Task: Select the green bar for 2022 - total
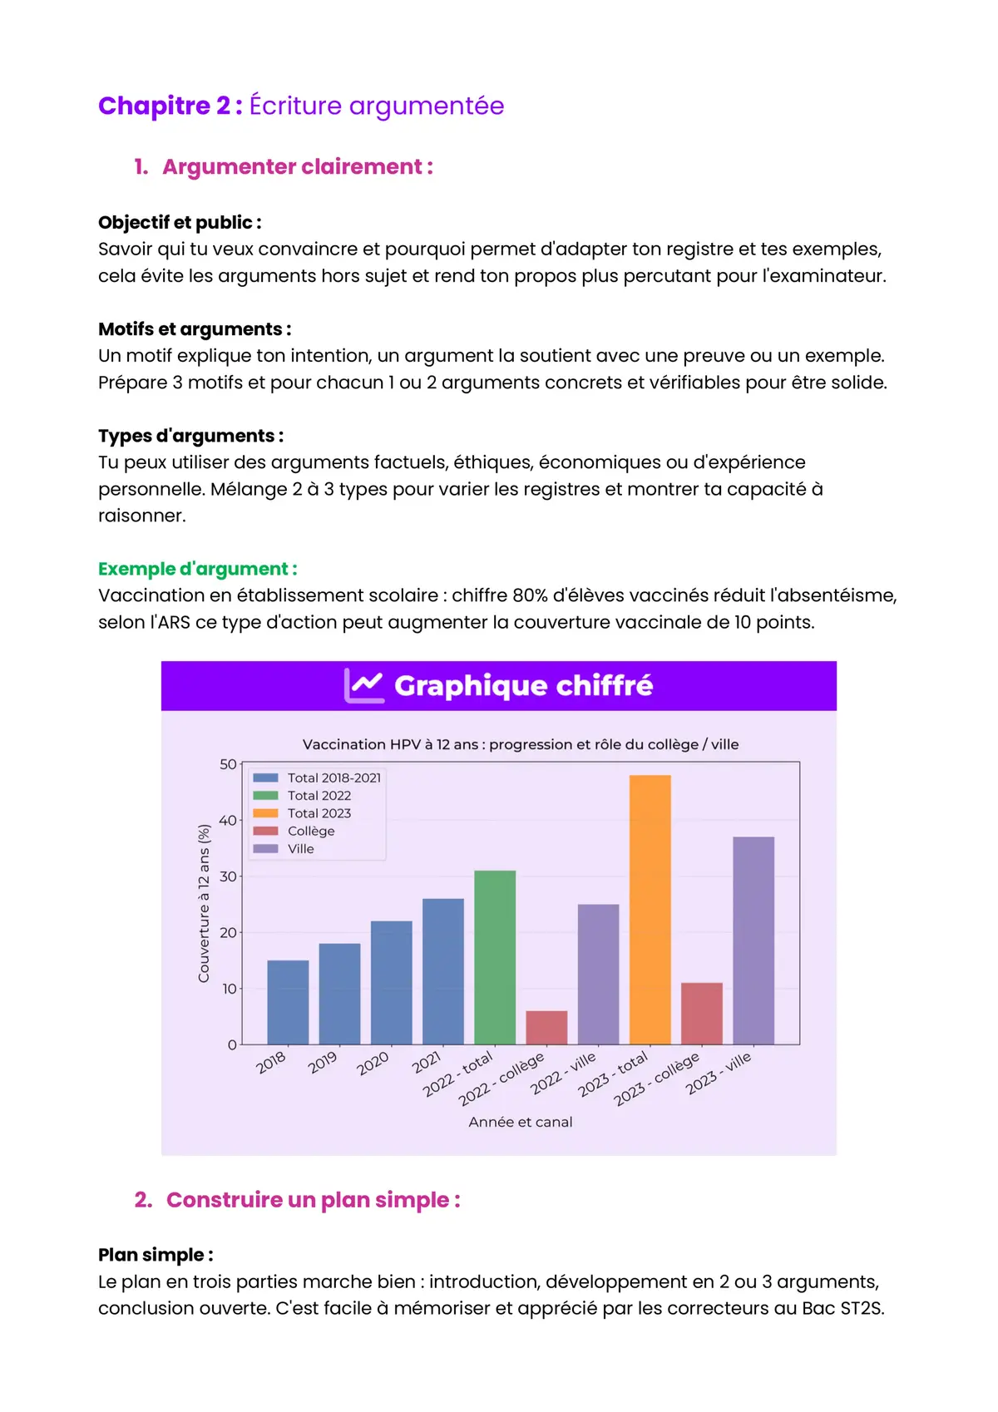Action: coord(495,957)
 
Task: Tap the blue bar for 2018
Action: coord(288,1002)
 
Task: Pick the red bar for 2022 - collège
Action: coord(546,1027)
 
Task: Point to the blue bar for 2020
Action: coord(391,982)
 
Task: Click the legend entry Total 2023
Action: coord(319,813)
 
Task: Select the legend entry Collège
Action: coord(310,831)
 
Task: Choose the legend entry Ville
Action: coord(300,849)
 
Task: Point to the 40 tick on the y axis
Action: coord(228,821)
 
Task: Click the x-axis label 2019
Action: coord(323,1062)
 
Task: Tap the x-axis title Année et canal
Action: coord(521,1122)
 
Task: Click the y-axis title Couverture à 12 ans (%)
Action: coord(205,903)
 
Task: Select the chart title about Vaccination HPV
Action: coord(521,744)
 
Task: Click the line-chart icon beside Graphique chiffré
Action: coord(364,686)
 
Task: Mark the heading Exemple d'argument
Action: coord(197,569)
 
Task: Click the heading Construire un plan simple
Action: coord(313,1200)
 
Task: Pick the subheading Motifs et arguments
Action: coord(195,329)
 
